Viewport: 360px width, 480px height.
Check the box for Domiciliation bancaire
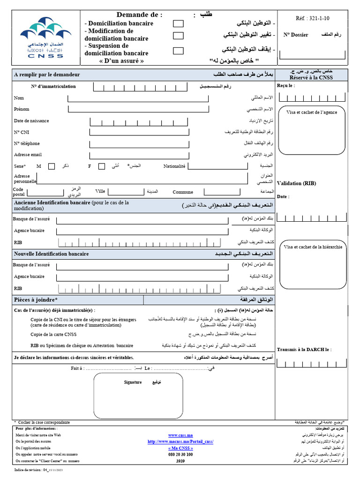[178, 23]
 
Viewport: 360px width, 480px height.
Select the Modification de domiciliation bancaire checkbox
[178, 36]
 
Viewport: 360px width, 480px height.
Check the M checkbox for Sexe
[52, 166]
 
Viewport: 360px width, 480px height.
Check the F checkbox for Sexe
[101, 166]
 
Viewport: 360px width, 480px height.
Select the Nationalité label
[174, 166]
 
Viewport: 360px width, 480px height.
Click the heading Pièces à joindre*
[36, 300]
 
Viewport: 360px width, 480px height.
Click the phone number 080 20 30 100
[180, 454]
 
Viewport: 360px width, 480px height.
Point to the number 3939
[180, 461]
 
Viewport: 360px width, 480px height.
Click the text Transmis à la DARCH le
[304, 350]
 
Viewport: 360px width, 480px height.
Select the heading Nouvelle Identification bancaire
[51, 254]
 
